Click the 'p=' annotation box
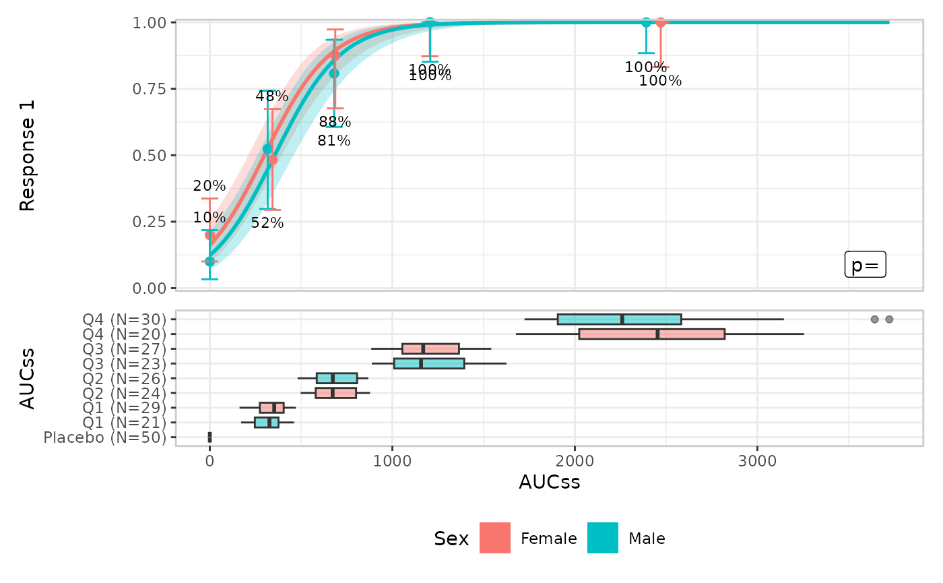click(x=865, y=265)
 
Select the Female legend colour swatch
click(x=494, y=538)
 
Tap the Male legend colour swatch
click(x=602, y=538)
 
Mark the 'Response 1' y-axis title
click(x=28, y=156)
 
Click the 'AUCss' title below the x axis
click(x=549, y=483)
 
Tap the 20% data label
click(x=209, y=186)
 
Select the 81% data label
click(x=334, y=141)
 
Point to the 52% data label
click(x=267, y=223)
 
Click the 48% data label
click(x=272, y=96)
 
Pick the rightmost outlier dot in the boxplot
click(x=889, y=319)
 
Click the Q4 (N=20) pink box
click(x=651, y=334)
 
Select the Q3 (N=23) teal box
click(x=429, y=363)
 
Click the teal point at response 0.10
click(x=209, y=261)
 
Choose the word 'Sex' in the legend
click(x=451, y=539)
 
